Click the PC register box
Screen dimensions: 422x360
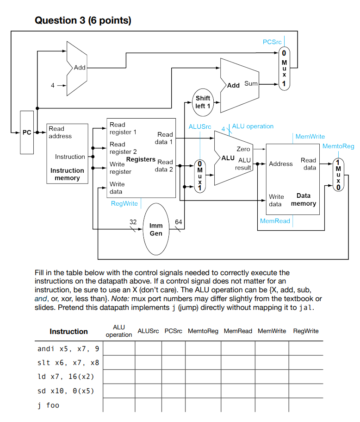(27, 132)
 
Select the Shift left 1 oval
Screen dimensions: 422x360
(203, 102)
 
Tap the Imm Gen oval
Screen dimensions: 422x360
(156, 230)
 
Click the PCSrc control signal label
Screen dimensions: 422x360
(272, 42)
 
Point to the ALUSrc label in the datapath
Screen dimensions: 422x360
(200, 126)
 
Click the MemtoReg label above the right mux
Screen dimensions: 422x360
(338, 146)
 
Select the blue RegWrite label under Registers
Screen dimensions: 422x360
(124, 203)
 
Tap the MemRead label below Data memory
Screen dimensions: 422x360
(275, 221)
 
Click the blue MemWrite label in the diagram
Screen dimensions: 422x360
(310, 137)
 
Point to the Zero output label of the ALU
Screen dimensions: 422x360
(243, 149)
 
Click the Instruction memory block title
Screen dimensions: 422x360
(67, 174)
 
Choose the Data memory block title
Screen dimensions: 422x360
(304, 200)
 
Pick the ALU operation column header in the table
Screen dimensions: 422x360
(119, 331)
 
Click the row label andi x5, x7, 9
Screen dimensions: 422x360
(68, 348)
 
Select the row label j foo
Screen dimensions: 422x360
(48, 405)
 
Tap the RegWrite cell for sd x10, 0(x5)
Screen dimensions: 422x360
(305, 391)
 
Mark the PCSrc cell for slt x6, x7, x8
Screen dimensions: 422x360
(174, 362)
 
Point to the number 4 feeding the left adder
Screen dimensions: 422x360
(53, 86)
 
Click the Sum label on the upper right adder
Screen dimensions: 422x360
(250, 83)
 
